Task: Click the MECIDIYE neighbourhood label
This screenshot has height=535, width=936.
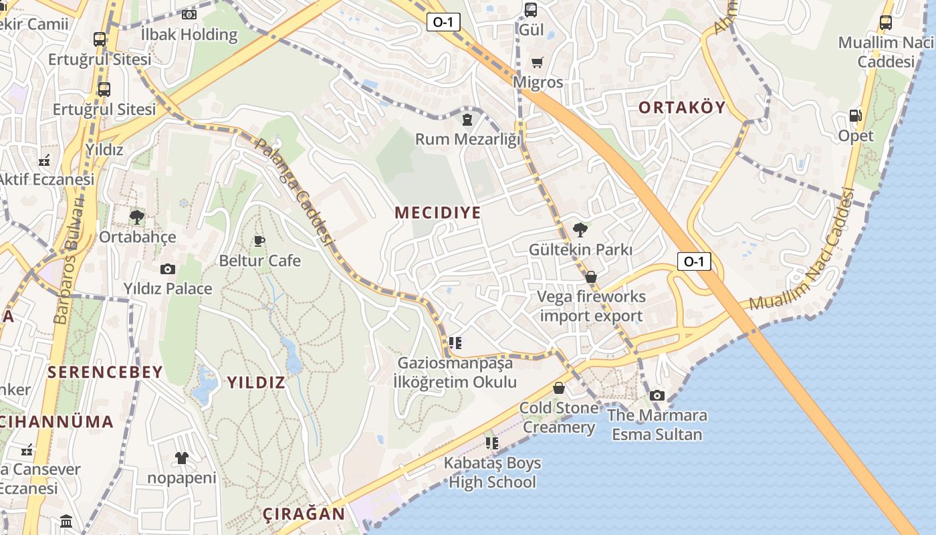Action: pyautogui.click(x=437, y=213)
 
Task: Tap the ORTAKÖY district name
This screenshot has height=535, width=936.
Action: pyautogui.click(x=681, y=108)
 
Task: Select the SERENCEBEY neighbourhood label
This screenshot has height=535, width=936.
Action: pyautogui.click(x=105, y=372)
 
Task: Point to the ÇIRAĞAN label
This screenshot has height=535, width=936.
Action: pyautogui.click(x=304, y=514)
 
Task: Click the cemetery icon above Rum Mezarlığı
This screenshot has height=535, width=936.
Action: pyautogui.click(x=467, y=120)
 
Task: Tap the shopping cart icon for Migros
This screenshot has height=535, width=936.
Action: pyautogui.click(x=537, y=63)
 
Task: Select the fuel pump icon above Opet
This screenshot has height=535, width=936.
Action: pyautogui.click(x=855, y=116)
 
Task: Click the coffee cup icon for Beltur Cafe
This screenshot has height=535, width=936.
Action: pyautogui.click(x=259, y=241)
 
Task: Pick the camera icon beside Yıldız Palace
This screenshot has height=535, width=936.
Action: pyautogui.click(x=167, y=269)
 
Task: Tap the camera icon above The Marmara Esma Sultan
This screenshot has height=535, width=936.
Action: pyautogui.click(x=657, y=395)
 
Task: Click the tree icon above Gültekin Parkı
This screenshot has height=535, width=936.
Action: pyautogui.click(x=580, y=230)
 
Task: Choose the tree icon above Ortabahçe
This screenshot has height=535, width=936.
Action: pyautogui.click(x=137, y=217)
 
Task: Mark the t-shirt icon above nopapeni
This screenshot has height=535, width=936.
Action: pyautogui.click(x=181, y=458)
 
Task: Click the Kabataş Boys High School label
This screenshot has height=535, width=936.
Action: pyautogui.click(x=492, y=472)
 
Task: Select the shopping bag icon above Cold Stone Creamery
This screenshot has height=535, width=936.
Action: pyautogui.click(x=559, y=388)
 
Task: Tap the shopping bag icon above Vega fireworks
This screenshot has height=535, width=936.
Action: pyautogui.click(x=590, y=277)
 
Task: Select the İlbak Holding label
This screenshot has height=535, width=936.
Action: pyautogui.click(x=189, y=34)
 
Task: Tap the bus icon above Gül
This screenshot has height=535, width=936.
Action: pyautogui.click(x=530, y=10)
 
